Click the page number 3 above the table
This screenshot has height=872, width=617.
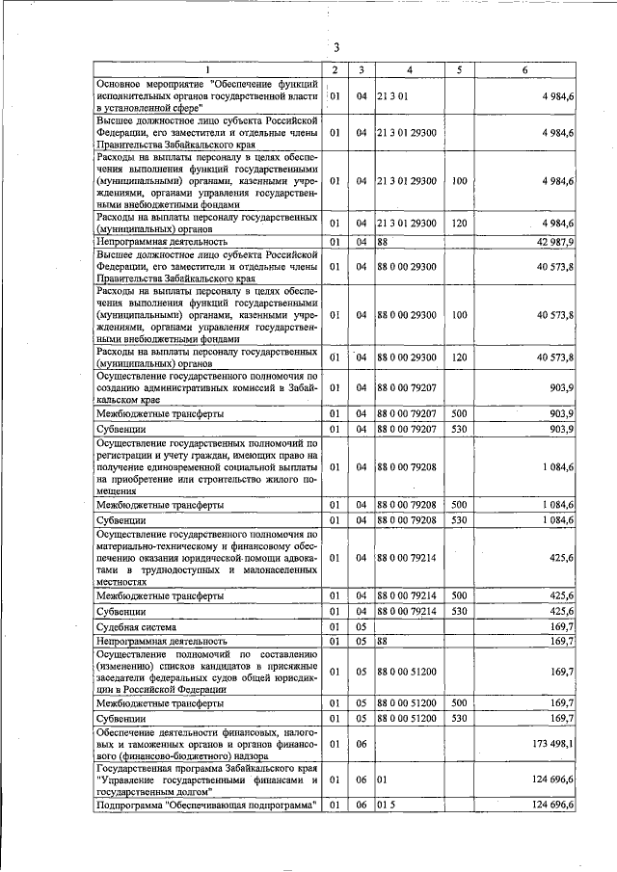(x=336, y=48)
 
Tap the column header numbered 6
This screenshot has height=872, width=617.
(x=524, y=70)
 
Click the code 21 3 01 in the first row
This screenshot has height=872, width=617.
(x=392, y=96)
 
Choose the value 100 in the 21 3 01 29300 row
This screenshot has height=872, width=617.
(x=459, y=180)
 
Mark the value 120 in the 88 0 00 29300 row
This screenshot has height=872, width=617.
(x=459, y=357)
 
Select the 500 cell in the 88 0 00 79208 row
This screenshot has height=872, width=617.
(x=459, y=504)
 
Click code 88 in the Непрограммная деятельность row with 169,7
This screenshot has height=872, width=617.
(x=382, y=640)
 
